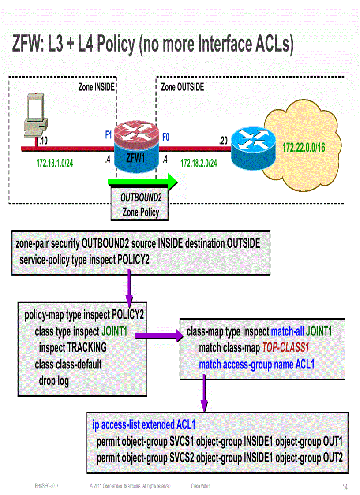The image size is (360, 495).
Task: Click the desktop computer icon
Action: click(36, 115)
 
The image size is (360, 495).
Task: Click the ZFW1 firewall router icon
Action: click(135, 149)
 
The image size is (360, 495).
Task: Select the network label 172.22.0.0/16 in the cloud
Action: click(304, 147)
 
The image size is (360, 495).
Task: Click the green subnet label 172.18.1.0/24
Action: click(55, 163)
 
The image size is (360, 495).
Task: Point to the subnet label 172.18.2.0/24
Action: click(199, 163)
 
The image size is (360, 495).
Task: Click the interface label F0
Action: click(165, 137)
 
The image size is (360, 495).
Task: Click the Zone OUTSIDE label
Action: click(182, 87)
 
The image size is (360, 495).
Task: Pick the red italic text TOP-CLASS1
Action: click(285, 348)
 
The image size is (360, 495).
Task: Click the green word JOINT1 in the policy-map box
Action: click(117, 331)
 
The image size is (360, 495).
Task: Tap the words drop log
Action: click(54, 380)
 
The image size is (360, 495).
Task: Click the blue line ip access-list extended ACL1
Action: click(144, 424)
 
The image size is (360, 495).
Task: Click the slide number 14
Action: click(345, 487)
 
